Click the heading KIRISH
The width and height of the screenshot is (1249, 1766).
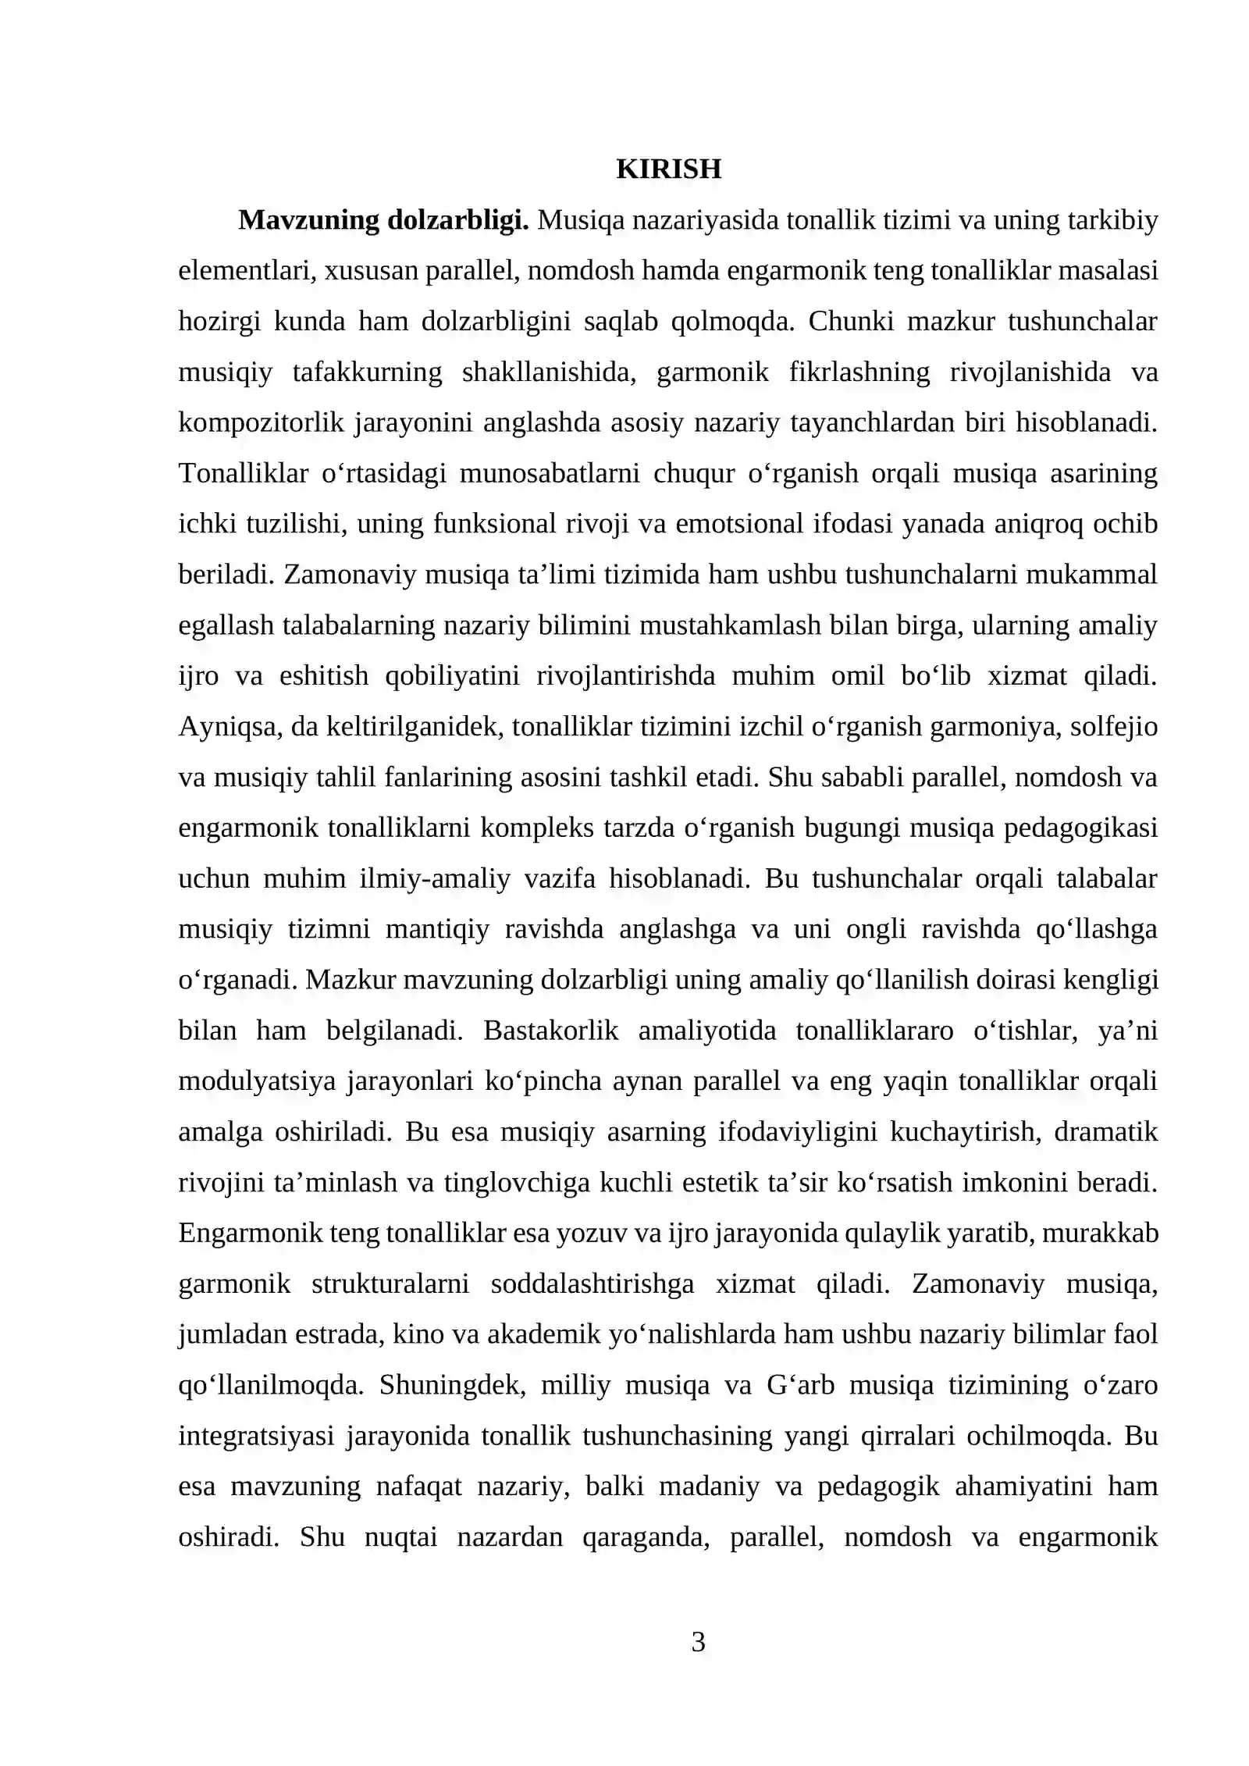click(668, 169)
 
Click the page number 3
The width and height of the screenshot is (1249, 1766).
click(698, 1642)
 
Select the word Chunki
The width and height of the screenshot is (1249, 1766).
click(850, 321)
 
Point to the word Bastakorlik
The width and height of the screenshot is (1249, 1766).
click(550, 1030)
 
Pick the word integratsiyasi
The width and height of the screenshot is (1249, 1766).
click(256, 1435)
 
